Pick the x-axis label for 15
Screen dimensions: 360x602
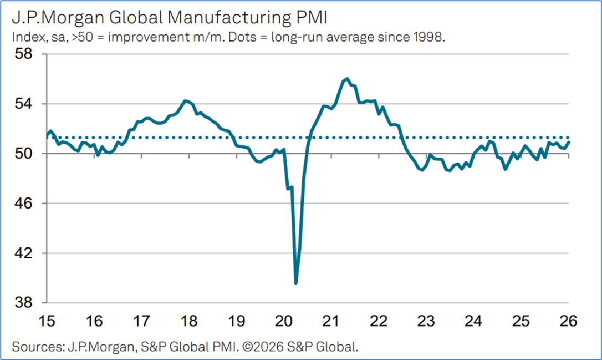(47, 321)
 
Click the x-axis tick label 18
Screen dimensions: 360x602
(190, 321)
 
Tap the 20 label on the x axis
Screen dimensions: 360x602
(284, 321)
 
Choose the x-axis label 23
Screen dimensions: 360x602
(426, 321)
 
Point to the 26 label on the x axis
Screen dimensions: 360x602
(568, 321)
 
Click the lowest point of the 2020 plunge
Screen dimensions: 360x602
(296, 283)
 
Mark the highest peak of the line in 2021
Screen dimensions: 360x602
(346, 79)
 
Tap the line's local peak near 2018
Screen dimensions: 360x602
(185, 100)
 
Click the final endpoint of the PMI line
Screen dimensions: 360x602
(569, 142)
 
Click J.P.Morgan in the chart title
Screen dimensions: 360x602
(53, 18)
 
